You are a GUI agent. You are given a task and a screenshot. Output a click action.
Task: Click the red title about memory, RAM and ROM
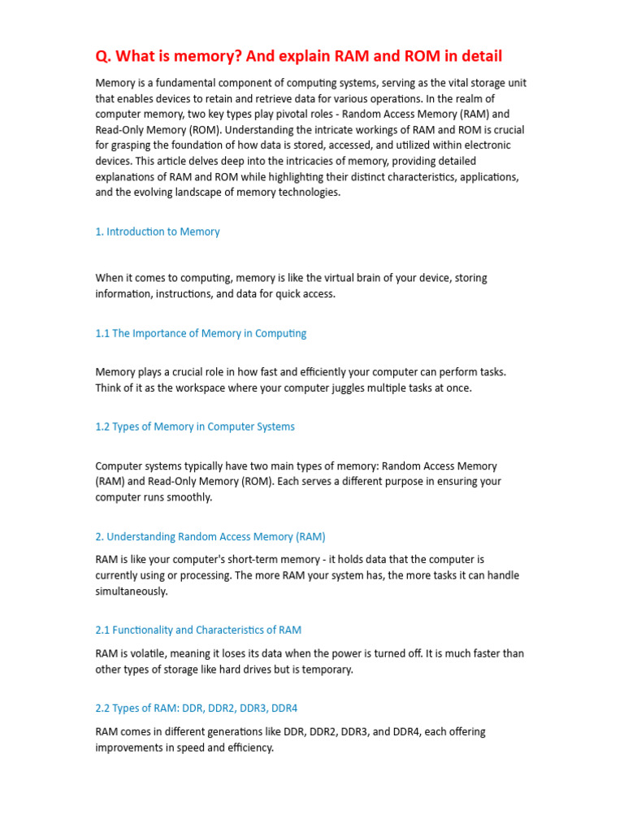point(299,56)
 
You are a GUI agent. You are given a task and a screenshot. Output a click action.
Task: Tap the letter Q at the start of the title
point(102,56)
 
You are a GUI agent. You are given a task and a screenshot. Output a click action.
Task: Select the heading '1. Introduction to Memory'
point(158,232)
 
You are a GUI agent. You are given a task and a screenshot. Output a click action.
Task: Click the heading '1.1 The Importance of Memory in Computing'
point(201,333)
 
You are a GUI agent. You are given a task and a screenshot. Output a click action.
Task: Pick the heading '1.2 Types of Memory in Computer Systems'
point(195,427)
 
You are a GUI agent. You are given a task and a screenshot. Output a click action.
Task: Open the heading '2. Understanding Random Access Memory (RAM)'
point(210,536)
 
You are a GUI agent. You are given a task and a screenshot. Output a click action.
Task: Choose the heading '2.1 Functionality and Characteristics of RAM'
point(198,630)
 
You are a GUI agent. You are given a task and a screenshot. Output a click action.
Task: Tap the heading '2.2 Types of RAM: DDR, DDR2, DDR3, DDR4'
point(197,708)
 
